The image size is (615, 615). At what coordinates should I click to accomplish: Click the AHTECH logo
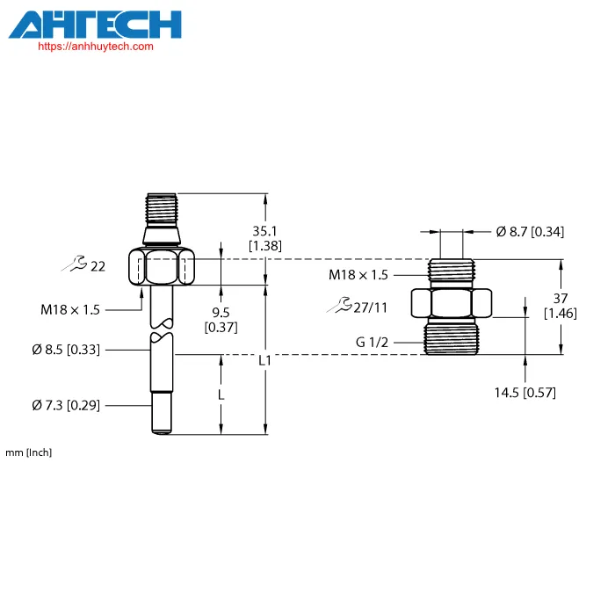(x=95, y=25)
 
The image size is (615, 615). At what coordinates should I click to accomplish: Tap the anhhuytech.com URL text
(x=96, y=47)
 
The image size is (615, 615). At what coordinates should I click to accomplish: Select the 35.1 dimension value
(x=264, y=230)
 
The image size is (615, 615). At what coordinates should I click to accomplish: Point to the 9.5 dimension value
(x=221, y=312)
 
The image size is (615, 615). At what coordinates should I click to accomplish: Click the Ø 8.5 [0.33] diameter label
(x=66, y=349)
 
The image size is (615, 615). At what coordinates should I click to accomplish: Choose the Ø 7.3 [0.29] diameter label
(x=66, y=405)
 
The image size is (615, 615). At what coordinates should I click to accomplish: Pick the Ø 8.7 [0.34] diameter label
(x=530, y=231)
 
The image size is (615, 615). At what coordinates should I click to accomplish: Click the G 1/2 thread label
(x=372, y=342)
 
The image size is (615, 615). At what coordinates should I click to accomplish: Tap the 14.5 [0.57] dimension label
(x=525, y=392)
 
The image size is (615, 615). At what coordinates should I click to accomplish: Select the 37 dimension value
(x=561, y=299)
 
